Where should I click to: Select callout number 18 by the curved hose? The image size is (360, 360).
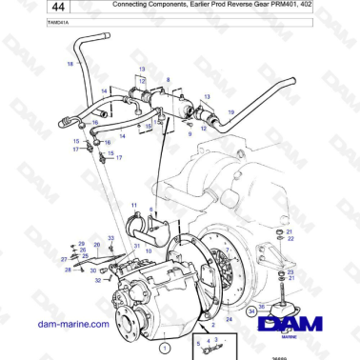click(x=69, y=64)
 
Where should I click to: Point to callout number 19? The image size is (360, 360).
click(x=230, y=111)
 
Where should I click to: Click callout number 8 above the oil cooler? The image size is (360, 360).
click(x=168, y=79)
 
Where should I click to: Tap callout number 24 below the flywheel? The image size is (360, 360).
click(x=229, y=320)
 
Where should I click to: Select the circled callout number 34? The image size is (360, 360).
click(x=250, y=309)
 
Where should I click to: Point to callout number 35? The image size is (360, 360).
click(x=262, y=307)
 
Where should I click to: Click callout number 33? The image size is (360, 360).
click(x=110, y=237)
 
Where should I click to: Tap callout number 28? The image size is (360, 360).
click(x=68, y=270)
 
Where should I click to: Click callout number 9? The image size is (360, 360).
click(x=190, y=134)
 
